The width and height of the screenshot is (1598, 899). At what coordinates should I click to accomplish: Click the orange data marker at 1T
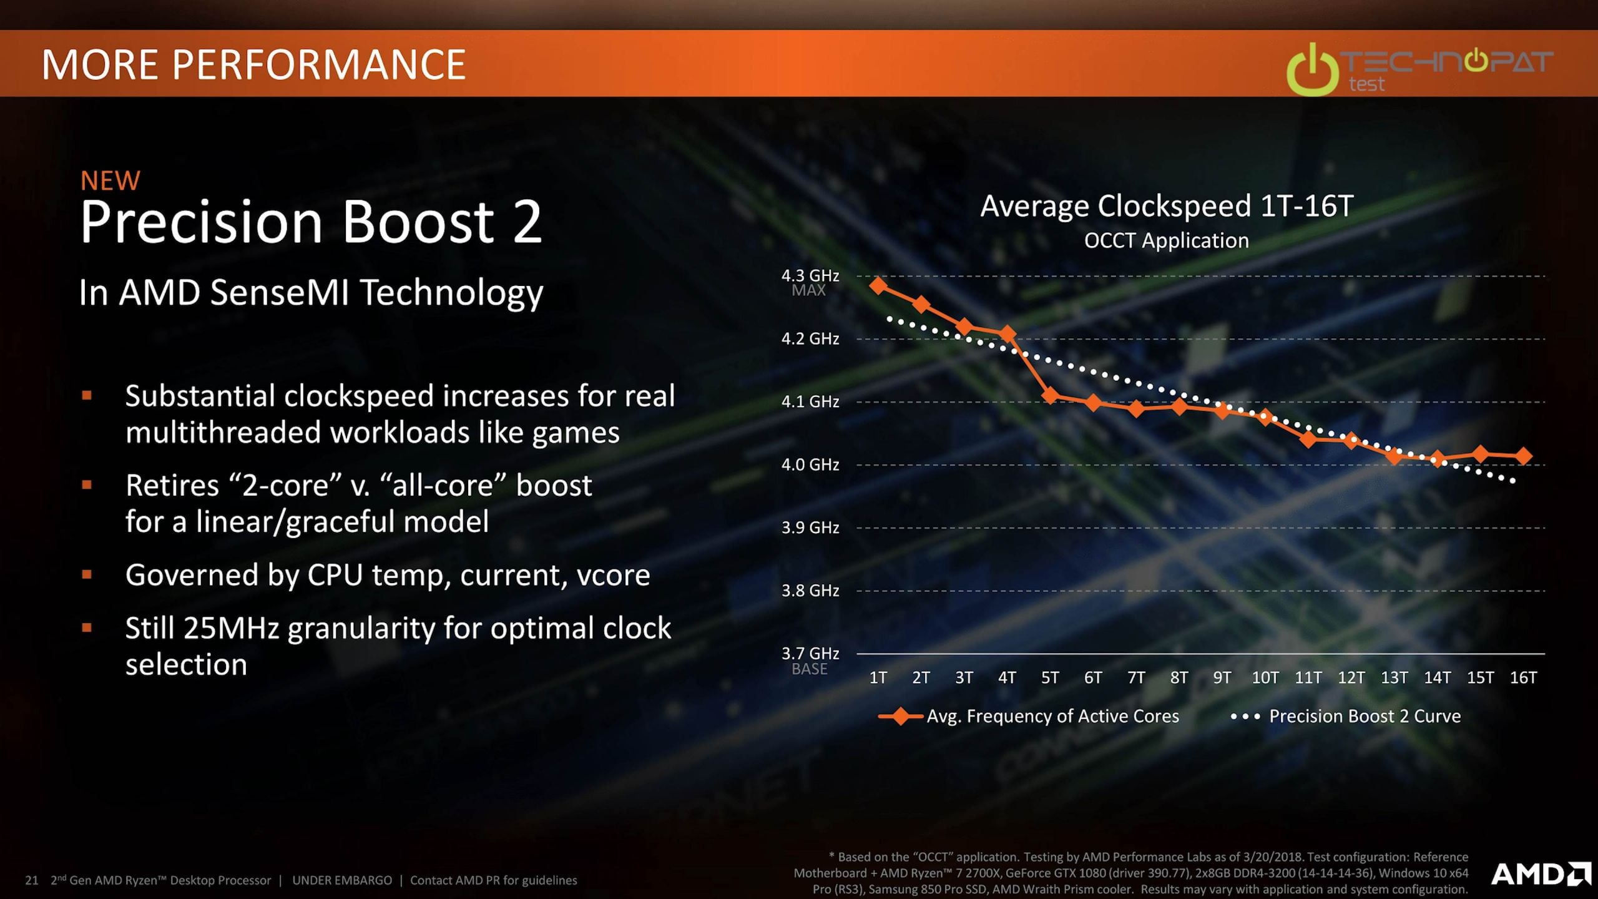pyautogui.click(x=878, y=286)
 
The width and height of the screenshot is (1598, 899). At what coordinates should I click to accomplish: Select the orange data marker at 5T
pyautogui.click(x=1050, y=395)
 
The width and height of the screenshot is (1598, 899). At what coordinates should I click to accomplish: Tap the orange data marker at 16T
pyautogui.click(x=1523, y=456)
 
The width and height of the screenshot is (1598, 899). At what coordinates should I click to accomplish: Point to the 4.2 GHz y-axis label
pyautogui.click(x=810, y=338)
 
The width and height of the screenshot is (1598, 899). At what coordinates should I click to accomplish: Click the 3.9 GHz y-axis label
pyautogui.click(x=810, y=528)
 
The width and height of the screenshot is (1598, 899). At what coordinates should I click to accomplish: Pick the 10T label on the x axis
pyautogui.click(x=1265, y=677)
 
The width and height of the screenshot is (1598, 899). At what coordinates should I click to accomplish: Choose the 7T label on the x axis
pyautogui.click(x=1136, y=677)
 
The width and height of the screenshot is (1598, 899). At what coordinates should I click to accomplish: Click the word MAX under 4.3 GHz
pyautogui.click(x=808, y=290)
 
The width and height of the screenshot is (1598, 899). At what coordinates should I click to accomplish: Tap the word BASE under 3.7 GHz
pyautogui.click(x=810, y=669)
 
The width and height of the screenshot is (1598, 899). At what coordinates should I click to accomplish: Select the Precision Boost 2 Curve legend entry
pyautogui.click(x=1346, y=716)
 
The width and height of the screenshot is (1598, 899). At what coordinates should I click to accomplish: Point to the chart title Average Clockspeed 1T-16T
pyautogui.click(x=1167, y=206)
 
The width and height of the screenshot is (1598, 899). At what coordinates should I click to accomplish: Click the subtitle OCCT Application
pyautogui.click(x=1166, y=240)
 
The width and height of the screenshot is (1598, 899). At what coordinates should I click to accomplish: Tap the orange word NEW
pyautogui.click(x=110, y=181)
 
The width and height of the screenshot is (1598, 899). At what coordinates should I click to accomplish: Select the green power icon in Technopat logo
pyautogui.click(x=1312, y=70)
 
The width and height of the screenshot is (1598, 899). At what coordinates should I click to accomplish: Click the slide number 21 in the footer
pyautogui.click(x=32, y=880)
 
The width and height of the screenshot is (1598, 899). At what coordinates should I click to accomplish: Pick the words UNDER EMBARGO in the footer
pyautogui.click(x=342, y=880)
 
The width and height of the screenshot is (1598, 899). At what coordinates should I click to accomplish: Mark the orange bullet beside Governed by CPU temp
pyautogui.click(x=87, y=574)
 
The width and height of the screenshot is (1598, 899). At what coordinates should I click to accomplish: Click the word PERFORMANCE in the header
pyautogui.click(x=318, y=64)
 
